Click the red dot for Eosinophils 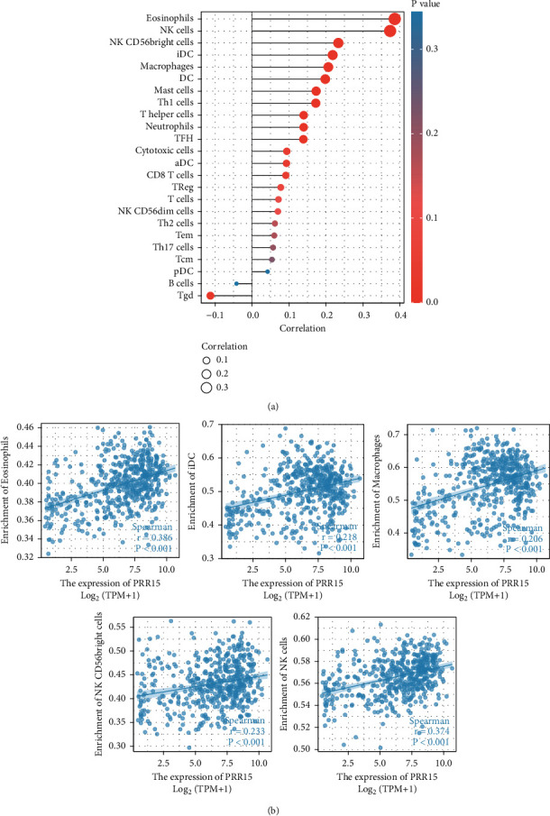395,19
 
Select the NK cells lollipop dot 390,32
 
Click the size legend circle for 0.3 206,388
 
